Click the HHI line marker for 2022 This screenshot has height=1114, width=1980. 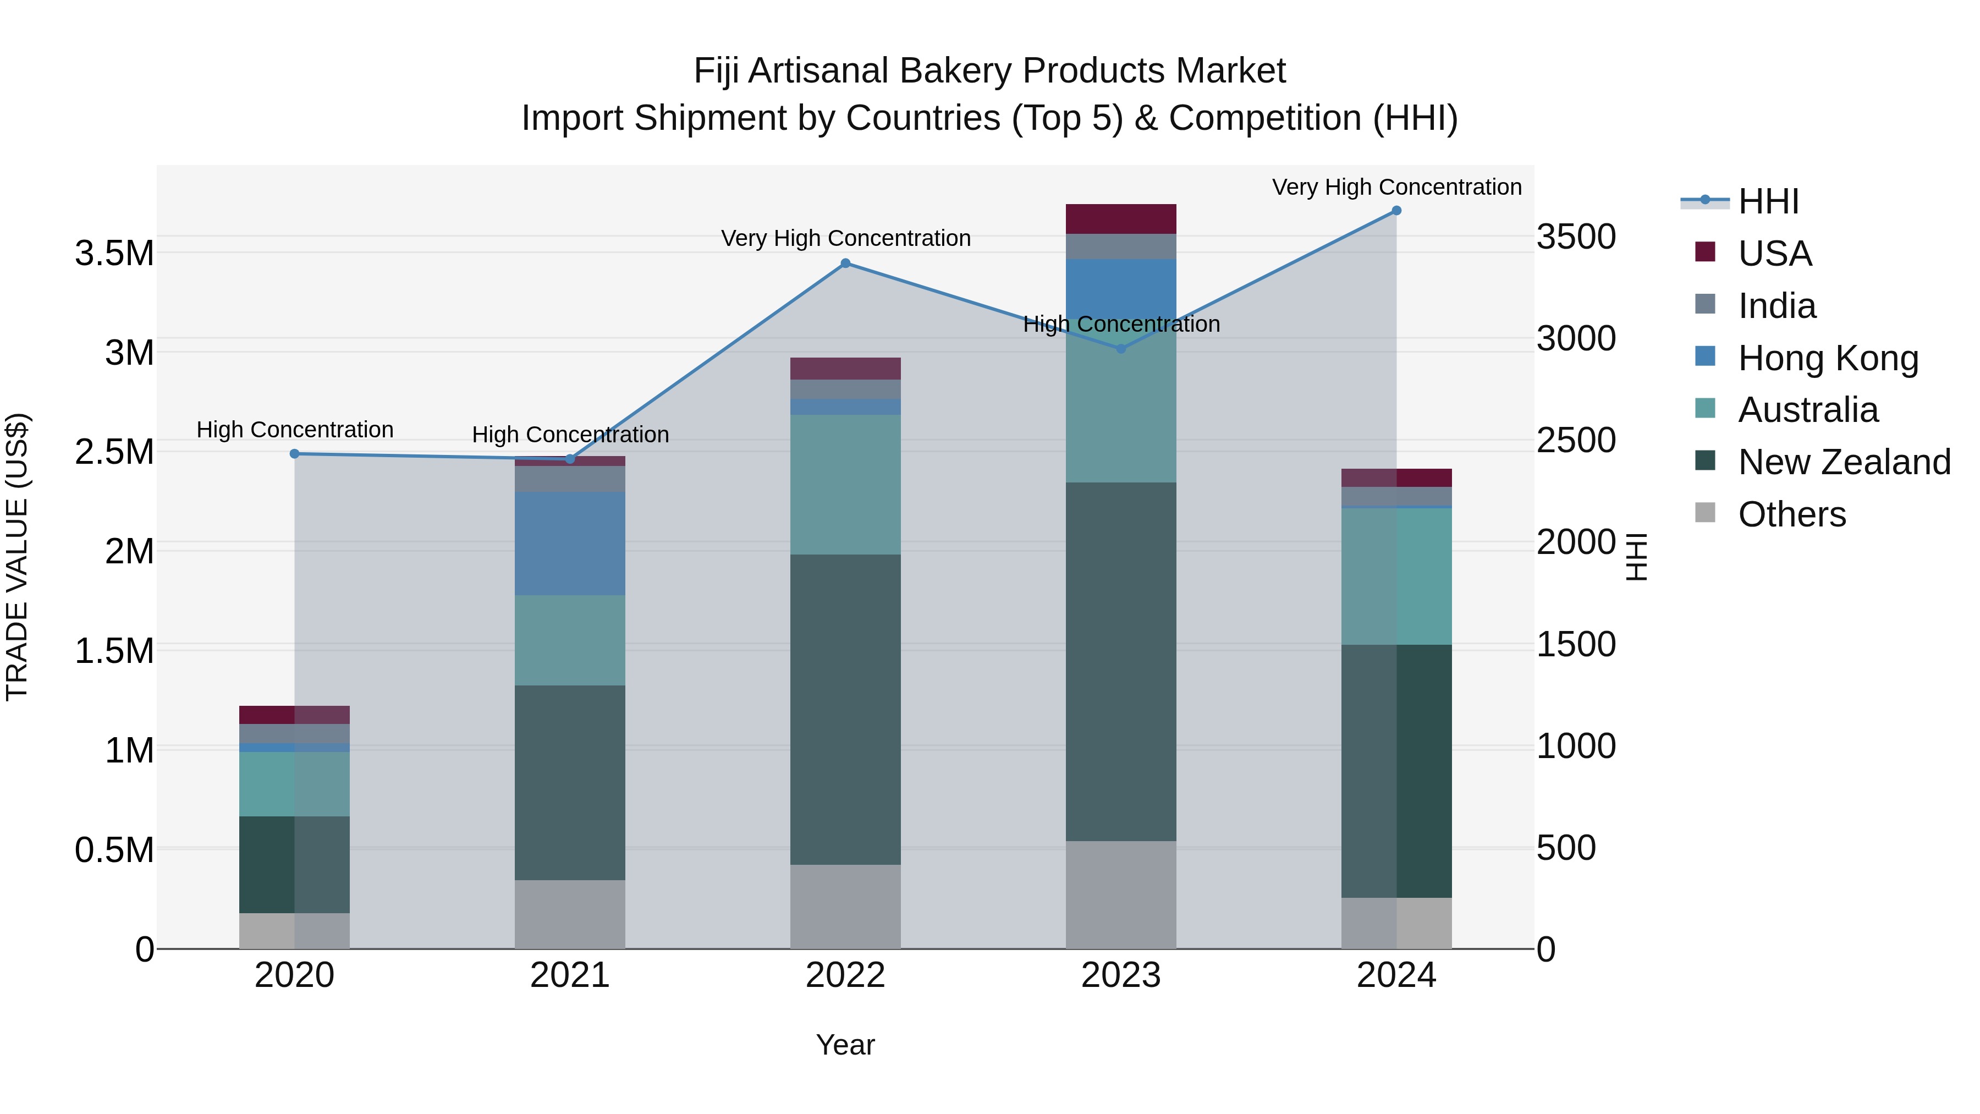pyautogui.click(x=845, y=263)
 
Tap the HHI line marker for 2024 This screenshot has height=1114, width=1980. pyautogui.click(x=1396, y=211)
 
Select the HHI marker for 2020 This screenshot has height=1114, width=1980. pyautogui.click(x=294, y=454)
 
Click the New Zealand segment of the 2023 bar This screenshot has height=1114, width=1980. pyautogui.click(x=1121, y=661)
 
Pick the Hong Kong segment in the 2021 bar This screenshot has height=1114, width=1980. pyautogui.click(x=570, y=543)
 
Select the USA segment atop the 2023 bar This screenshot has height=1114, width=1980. pyautogui.click(x=1121, y=219)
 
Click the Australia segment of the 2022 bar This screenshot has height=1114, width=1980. pyautogui.click(x=845, y=484)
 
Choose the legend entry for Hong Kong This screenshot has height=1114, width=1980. pyautogui.click(x=1828, y=358)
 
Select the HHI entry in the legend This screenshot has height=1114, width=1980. pyautogui.click(x=1768, y=201)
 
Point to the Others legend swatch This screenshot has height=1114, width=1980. pyautogui.click(x=1705, y=513)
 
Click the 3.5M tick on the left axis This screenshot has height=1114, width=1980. pyautogui.click(x=114, y=253)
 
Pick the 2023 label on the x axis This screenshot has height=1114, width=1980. pyautogui.click(x=1121, y=975)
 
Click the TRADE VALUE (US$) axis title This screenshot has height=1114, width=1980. pyautogui.click(x=17, y=557)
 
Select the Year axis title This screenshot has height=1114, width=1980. pyautogui.click(x=845, y=1045)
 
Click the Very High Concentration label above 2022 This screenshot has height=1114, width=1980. pyautogui.click(x=845, y=238)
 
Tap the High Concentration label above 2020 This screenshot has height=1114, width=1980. pyautogui.click(x=294, y=430)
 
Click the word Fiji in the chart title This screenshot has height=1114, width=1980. pyautogui.click(x=716, y=71)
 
